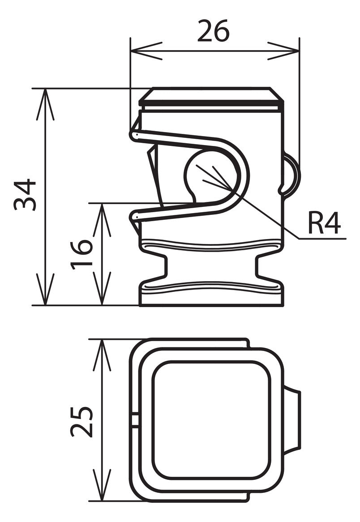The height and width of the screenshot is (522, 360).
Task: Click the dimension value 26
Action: point(213,30)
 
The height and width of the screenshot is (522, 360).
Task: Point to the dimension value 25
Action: point(81,421)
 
